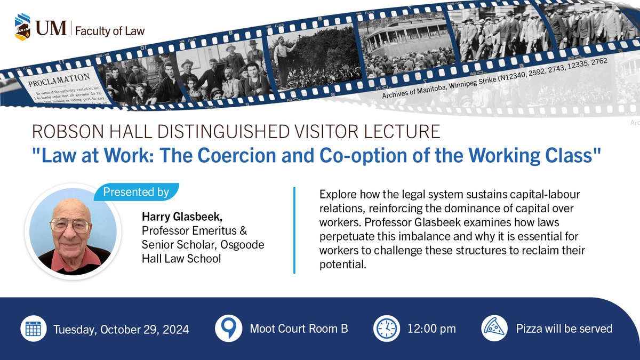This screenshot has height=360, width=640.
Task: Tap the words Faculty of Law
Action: pos(109,30)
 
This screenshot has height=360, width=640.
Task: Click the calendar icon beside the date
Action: pos(34,329)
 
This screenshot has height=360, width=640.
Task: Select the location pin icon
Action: pos(228,329)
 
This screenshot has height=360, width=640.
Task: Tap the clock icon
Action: pos(387,329)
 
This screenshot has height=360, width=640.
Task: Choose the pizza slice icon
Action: pos(494,329)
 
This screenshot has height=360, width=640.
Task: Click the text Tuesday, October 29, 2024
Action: pos(121,330)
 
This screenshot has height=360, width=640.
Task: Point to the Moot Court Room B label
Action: pos(299,329)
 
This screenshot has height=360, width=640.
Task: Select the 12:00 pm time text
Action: pos(432,329)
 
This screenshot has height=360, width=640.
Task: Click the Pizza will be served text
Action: pos(564,329)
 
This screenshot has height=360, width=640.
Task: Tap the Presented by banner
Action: pos(136,192)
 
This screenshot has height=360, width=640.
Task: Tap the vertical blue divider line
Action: pos(294,230)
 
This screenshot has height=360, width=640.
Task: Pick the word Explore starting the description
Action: pos(335,195)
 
